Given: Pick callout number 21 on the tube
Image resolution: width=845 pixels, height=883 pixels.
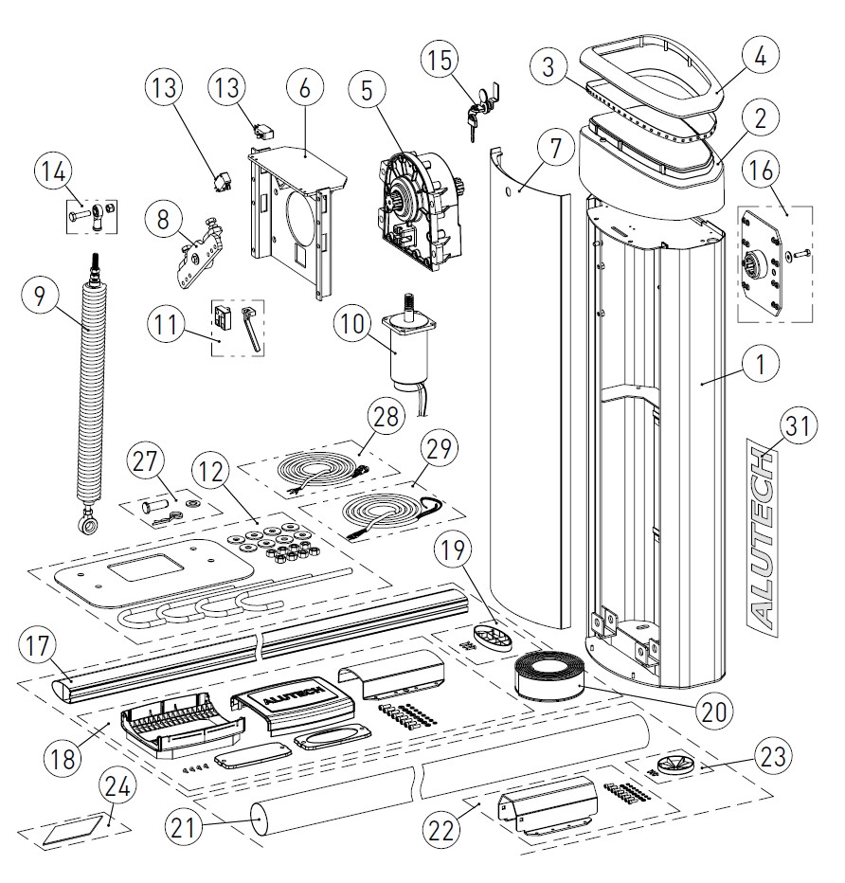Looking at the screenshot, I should (x=186, y=826).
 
